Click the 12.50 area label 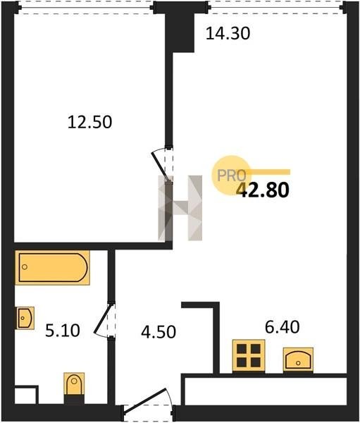click(89, 122)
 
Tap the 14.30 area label click(228, 33)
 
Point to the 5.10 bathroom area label click(62, 331)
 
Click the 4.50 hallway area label click(159, 332)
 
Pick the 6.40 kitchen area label click(282, 327)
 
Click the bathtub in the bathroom click(53, 268)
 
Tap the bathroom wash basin click(25, 318)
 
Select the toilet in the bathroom click(74, 388)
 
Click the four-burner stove click(249, 356)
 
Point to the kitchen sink click(298, 360)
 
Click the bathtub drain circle click(25, 267)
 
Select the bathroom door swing click(105, 319)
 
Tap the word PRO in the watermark click(232, 176)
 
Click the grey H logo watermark click(180, 208)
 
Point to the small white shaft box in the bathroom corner click(25, 396)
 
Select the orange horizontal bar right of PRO click(268, 172)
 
